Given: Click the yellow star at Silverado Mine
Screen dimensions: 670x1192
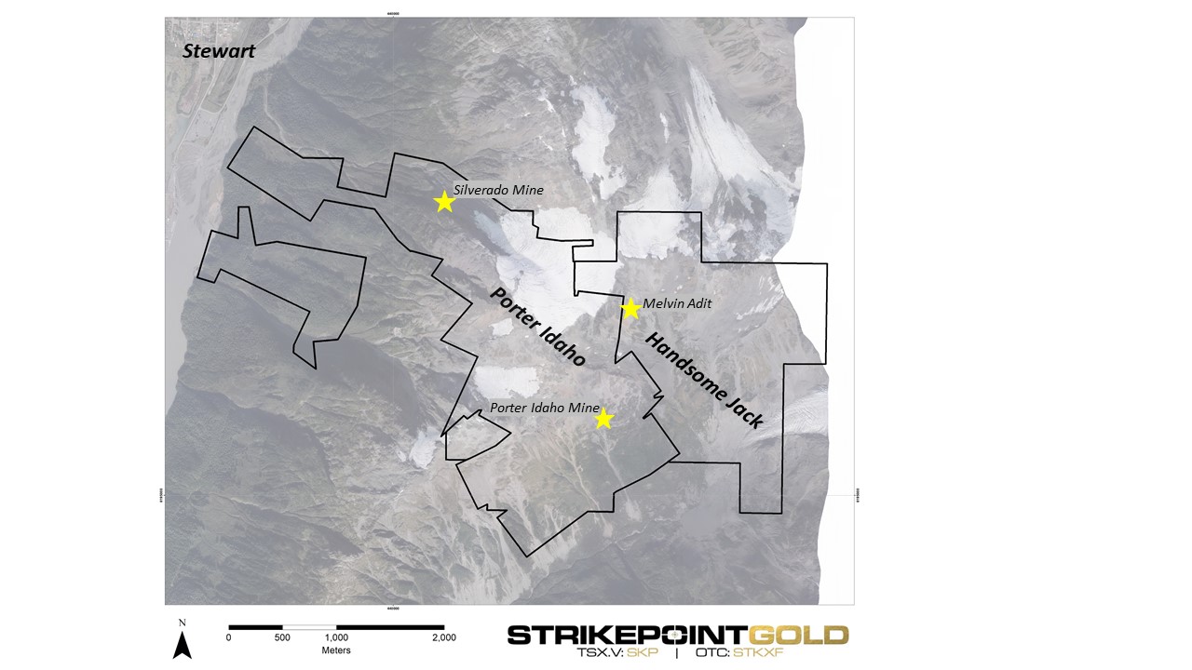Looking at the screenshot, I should click(x=444, y=201).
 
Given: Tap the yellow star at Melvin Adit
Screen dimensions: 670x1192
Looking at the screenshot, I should click(x=630, y=308).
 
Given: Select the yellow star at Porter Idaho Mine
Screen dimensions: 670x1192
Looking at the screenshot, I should click(x=603, y=419).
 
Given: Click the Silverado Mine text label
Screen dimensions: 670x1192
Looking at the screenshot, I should click(x=498, y=190).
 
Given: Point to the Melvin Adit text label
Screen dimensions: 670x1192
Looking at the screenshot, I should click(x=677, y=303).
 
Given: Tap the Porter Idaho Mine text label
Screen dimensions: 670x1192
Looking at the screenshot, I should click(x=545, y=408).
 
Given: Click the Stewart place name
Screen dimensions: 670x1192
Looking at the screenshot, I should click(x=219, y=51).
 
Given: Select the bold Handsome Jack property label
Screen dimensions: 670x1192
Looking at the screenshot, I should click(x=705, y=380).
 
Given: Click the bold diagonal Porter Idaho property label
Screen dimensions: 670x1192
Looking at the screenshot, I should click(x=537, y=326).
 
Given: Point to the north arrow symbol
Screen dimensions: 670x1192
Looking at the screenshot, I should click(x=183, y=644).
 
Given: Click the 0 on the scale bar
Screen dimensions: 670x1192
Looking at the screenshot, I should click(x=229, y=637).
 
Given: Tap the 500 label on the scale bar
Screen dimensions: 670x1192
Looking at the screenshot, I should click(x=282, y=637).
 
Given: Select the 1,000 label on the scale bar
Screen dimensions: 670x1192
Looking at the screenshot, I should click(x=336, y=637).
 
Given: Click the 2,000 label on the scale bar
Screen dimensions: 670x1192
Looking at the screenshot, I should click(x=444, y=637).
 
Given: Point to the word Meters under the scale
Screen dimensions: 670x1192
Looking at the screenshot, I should click(x=336, y=650).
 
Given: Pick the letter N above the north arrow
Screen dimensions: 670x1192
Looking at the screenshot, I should click(x=183, y=623).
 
